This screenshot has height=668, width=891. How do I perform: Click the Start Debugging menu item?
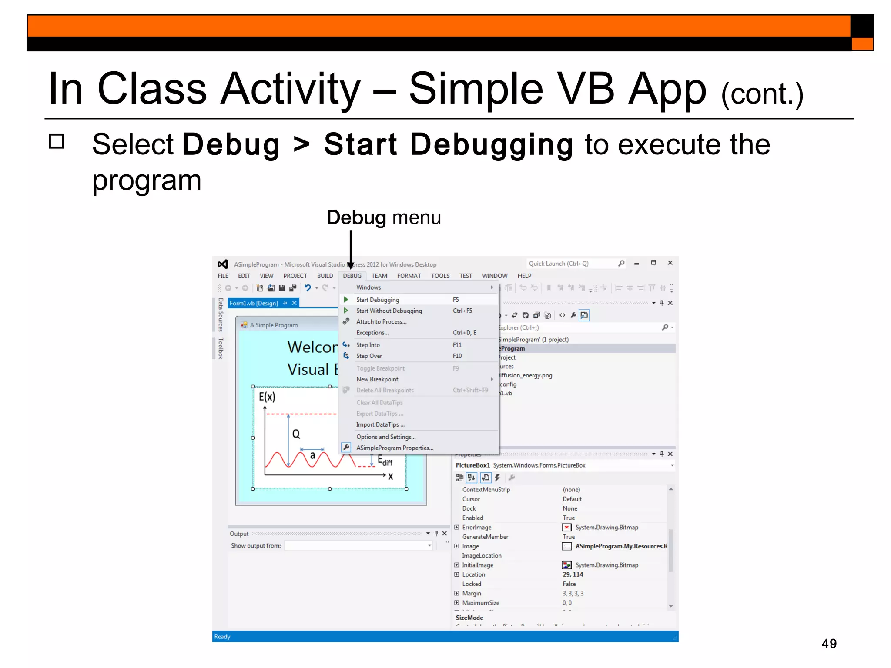[377, 300]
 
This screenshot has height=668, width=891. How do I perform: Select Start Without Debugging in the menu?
[389, 311]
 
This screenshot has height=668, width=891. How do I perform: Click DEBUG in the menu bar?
[352, 276]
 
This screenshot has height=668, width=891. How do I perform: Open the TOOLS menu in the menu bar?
[440, 276]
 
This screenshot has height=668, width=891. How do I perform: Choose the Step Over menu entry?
[369, 356]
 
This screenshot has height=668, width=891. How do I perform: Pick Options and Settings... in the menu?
[385, 437]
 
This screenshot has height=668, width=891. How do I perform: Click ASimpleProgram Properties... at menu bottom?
[394, 448]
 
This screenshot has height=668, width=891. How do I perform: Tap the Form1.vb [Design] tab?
[254, 303]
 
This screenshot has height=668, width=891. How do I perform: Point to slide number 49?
[828, 643]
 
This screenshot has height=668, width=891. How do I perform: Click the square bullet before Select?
[57, 141]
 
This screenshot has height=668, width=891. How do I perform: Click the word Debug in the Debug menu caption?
[356, 217]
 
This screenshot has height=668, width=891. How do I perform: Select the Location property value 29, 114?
[573, 574]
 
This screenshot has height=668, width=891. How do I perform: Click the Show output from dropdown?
[358, 545]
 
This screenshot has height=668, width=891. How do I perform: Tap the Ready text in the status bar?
[222, 636]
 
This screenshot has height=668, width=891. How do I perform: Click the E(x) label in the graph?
[267, 396]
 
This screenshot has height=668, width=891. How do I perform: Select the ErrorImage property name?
[476, 527]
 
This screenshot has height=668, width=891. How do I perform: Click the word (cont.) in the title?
[762, 94]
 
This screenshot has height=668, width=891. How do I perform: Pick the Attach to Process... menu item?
[381, 321]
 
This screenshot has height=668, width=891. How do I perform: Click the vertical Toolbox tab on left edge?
[221, 348]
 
